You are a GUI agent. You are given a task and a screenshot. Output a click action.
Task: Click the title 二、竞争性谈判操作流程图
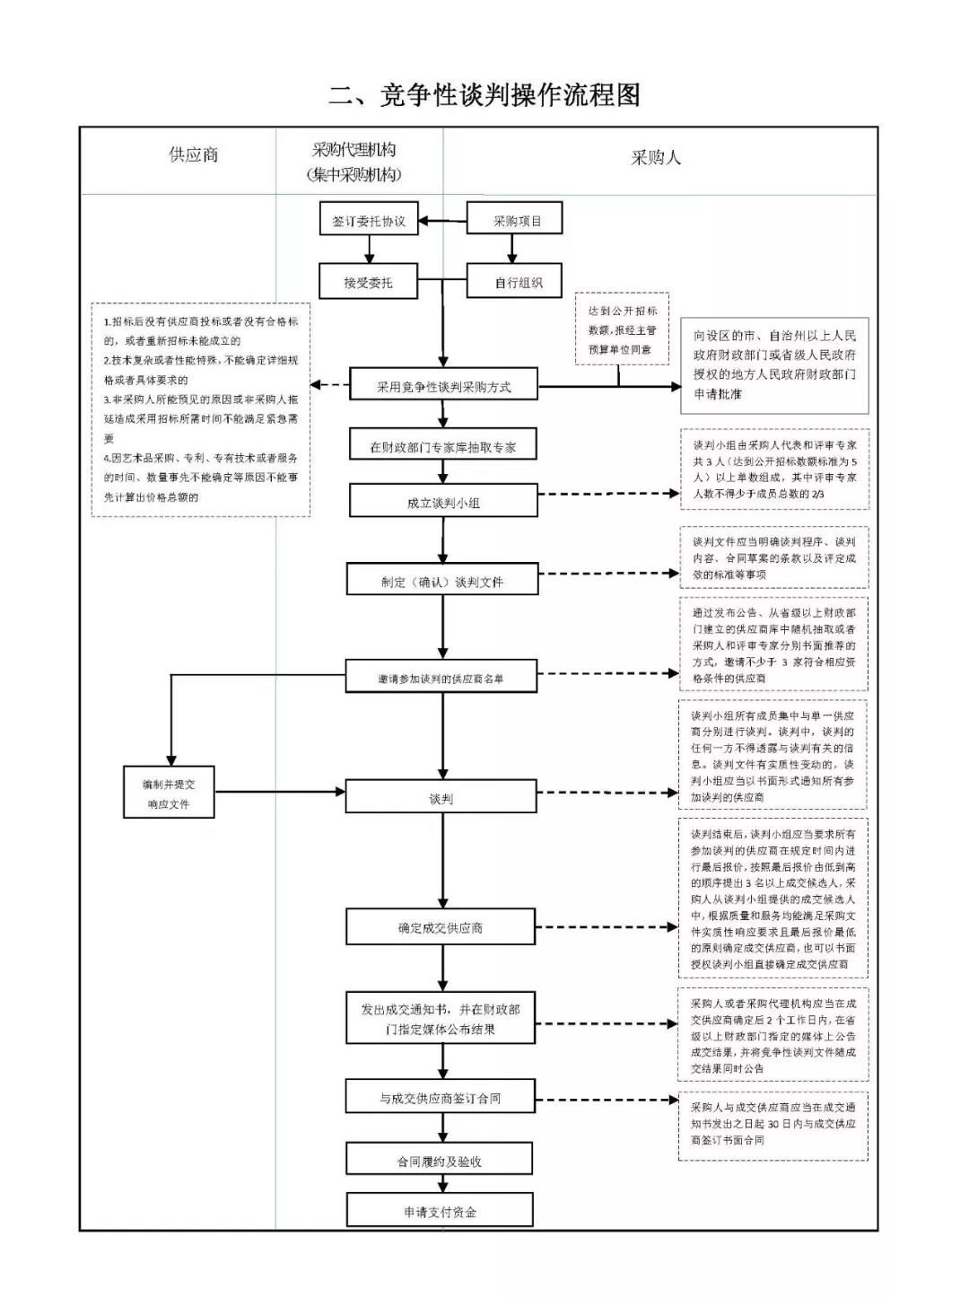coord(484,95)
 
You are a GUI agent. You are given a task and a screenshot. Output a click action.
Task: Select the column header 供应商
coord(193,155)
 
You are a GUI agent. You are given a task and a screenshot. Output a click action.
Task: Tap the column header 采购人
coord(655,158)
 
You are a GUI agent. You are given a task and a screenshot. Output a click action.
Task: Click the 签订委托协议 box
coord(369,221)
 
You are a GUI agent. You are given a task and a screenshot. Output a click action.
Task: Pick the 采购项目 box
coord(515,221)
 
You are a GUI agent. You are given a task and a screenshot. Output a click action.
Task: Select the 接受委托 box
coord(369,282)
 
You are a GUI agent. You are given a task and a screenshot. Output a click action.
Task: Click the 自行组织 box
coord(515,282)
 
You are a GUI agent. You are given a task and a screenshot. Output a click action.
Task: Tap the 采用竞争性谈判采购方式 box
coord(443,387)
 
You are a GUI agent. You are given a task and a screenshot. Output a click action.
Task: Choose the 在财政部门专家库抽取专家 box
coord(443,447)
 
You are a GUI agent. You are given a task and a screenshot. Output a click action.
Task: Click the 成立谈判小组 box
coord(443,502)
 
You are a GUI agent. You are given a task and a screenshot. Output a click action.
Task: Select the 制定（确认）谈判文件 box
coord(442,581)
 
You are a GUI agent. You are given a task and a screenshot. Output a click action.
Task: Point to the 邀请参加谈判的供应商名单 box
coord(441,678)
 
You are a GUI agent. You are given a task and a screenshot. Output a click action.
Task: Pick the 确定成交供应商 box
coord(441,927)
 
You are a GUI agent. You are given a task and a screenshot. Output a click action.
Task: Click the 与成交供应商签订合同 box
coord(441,1098)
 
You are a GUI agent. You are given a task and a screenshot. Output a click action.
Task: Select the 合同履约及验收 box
coord(440,1161)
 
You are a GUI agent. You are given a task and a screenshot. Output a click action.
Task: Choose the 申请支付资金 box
coord(440,1212)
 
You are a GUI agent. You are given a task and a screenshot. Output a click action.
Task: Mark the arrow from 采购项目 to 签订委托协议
coord(443,221)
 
